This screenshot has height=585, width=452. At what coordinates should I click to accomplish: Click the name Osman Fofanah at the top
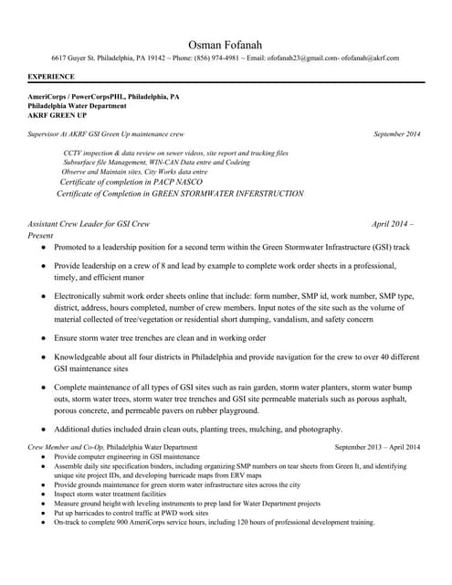pyautogui.click(x=226, y=44)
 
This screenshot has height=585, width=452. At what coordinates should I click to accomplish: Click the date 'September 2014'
pyautogui.click(x=396, y=134)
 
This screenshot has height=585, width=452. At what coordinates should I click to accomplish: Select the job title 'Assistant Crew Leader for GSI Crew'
pyautogui.click(x=89, y=223)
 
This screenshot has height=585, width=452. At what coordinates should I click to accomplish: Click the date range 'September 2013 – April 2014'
pyautogui.click(x=377, y=447)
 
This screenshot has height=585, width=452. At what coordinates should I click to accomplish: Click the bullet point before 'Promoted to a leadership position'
pyautogui.click(x=42, y=248)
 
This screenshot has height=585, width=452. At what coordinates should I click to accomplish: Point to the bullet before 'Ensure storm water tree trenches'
pyautogui.click(x=42, y=338)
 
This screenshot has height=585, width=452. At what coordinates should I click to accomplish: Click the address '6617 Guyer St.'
pyautogui.click(x=76, y=58)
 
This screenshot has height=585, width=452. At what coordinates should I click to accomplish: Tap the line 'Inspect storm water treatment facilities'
pyautogui.click(x=114, y=495)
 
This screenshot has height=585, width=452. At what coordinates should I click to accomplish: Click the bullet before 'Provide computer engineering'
pyautogui.click(x=42, y=456)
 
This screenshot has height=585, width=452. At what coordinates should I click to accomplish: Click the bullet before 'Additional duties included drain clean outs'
pyautogui.click(x=42, y=430)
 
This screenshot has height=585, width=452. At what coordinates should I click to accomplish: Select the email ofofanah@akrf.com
pyautogui.click(x=370, y=58)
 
